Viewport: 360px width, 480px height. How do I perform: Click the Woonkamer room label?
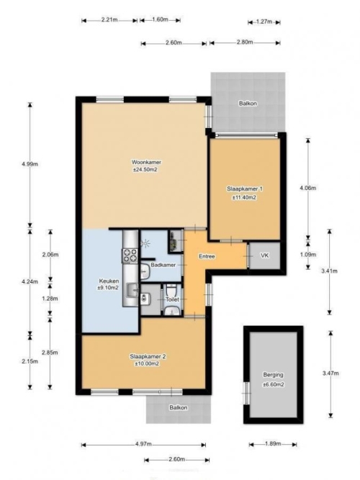(146, 162)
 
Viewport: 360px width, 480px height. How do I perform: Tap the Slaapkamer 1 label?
(244, 189)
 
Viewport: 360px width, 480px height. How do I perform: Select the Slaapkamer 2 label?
(148, 357)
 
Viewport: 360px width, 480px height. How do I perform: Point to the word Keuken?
(109, 281)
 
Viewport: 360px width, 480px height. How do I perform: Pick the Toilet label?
(172, 299)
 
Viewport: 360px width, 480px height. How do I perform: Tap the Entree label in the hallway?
(207, 256)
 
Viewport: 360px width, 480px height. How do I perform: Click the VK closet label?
(264, 255)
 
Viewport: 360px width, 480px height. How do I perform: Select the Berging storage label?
(273, 375)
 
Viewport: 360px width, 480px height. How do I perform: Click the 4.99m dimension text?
(30, 164)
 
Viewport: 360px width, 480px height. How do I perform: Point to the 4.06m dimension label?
(307, 189)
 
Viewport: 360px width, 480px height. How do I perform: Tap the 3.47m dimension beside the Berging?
(330, 373)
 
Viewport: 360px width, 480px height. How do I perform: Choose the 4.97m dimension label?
(143, 444)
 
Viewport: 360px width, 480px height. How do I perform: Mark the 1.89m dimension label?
(273, 444)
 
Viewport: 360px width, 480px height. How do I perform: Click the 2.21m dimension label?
(109, 20)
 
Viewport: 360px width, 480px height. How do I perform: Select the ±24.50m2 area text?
(145, 170)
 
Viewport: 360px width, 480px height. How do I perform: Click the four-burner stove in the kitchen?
(130, 255)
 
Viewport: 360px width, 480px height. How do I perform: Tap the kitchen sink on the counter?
(132, 290)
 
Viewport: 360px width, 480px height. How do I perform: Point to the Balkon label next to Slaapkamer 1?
(248, 104)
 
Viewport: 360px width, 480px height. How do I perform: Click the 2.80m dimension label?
(245, 42)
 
